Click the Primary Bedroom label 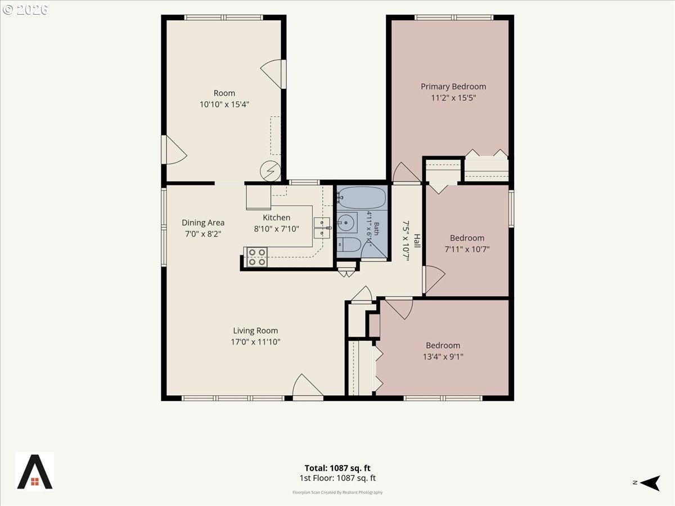(453, 87)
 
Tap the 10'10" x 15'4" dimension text (224, 105)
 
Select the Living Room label (255, 331)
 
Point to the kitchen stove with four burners (256, 257)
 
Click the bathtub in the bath (362, 197)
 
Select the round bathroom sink (347, 223)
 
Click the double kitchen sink (322, 228)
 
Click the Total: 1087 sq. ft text (337, 468)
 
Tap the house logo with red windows (35, 472)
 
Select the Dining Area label (203, 223)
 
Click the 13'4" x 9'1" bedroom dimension (443, 356)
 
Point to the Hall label (417, 241)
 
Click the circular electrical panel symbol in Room (271, 171)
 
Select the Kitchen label (276, 218)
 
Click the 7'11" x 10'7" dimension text (467, 249)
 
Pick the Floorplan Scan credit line (337, 493)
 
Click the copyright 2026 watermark (25, 10)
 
